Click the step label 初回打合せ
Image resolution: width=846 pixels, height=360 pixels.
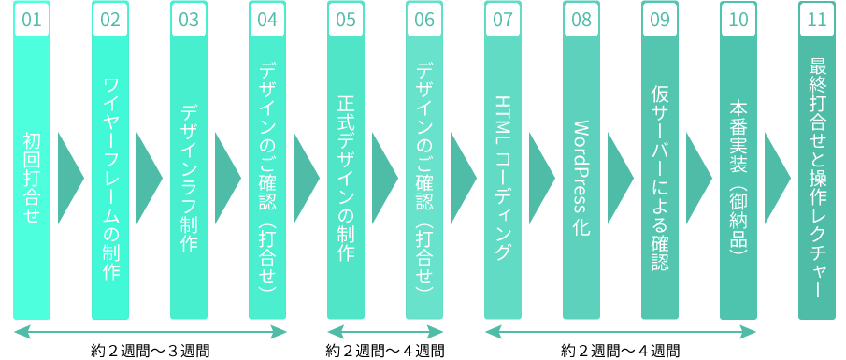[32, 179]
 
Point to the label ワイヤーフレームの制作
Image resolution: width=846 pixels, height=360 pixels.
[110, 179]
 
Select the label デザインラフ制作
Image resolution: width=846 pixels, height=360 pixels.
[189, 179]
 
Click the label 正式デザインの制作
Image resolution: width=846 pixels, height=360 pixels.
[346, 179]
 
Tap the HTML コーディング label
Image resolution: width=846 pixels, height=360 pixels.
[503, 179]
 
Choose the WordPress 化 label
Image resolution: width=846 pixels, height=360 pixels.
[581, 179]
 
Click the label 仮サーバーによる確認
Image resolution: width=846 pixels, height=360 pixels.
[660, 179]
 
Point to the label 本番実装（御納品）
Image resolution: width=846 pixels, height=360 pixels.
[738, 179]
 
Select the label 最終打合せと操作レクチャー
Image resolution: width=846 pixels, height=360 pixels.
[817, 179]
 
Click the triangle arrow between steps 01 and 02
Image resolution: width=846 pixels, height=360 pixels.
[69, 179]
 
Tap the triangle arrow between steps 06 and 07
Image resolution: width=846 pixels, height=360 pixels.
[462, 179]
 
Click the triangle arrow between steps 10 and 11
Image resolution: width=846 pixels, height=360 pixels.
[776, 179]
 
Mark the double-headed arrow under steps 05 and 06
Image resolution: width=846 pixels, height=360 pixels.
[385, 332]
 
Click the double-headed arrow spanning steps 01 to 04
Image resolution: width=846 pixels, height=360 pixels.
[150, 332]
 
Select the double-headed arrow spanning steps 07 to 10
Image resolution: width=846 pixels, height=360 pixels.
[621, 332]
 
